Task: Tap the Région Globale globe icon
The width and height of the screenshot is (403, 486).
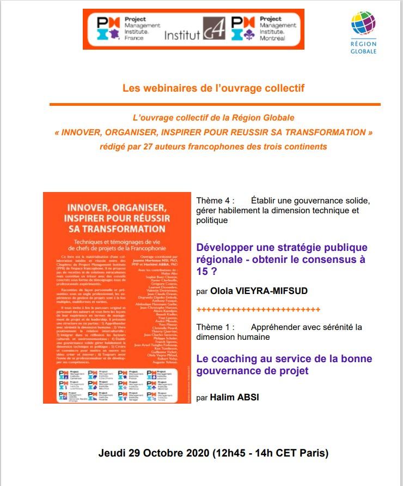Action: pos(363,25)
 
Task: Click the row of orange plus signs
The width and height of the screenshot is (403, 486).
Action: pos(258,310)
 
